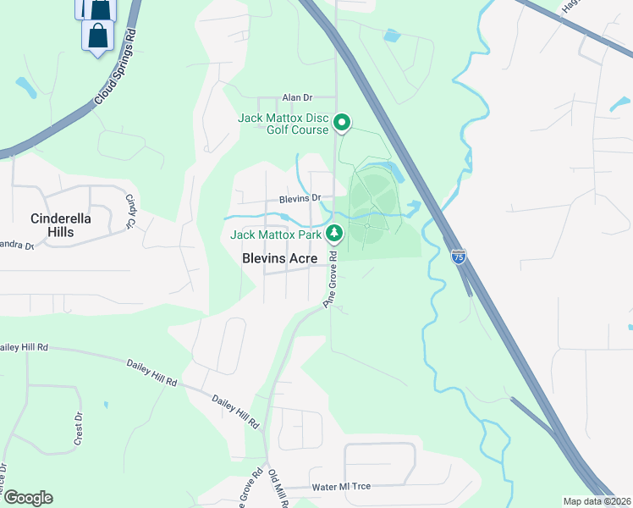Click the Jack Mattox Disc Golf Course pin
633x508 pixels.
click(342, 124)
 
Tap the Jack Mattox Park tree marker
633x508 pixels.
click(335, 232)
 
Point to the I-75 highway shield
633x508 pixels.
click(458, 257)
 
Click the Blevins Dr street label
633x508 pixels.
click(300, 198)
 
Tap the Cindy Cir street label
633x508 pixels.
click(131, 211)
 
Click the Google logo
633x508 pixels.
click(28, 498)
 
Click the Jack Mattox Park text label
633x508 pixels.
click(277, 233)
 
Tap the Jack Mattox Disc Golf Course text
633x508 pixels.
click(283, 124)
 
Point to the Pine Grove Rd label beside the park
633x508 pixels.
click(330, 279)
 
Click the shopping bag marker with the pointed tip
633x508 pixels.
click(98, 37)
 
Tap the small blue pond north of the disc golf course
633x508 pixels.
click(390, 36)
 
